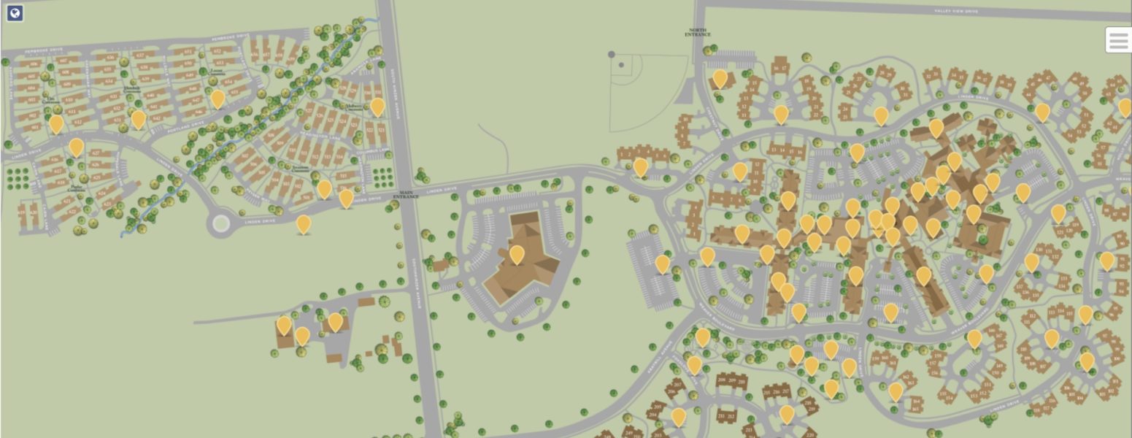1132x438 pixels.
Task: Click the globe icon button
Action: (x=14, y=13)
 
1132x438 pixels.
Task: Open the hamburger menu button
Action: (x=1118, y=40)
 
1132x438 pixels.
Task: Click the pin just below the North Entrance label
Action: (x=720, y=78)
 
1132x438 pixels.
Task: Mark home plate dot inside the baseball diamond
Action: (x=621, y=65)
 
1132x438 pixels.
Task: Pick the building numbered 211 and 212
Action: (x=726, y=416)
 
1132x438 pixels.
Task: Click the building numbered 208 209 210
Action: (x=731, y=380)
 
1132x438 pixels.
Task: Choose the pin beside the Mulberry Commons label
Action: (x=377, y=107)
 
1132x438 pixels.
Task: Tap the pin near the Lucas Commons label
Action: (x=217, y=99)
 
